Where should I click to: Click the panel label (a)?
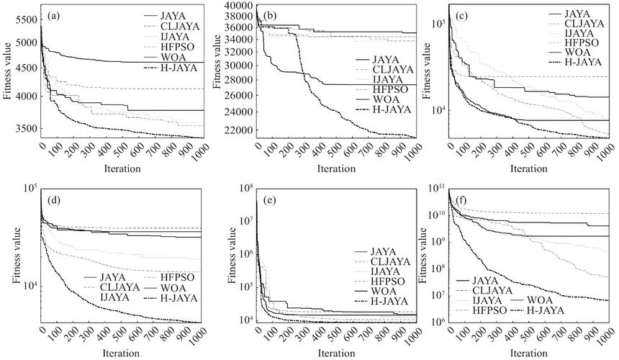[x=54, y=16]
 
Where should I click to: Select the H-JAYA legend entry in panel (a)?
[x=171, y=68]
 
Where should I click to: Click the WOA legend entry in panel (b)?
[x=374, y=100]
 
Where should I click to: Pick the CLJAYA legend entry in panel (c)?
[x=576, y=24]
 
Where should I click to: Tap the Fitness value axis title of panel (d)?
[x=17, y=255]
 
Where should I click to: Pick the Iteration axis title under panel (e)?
[x=336, y=353]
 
